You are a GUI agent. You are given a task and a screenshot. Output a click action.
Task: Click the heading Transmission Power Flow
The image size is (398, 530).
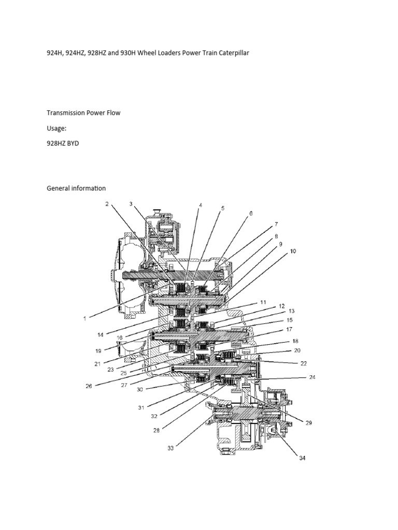click(83, 113)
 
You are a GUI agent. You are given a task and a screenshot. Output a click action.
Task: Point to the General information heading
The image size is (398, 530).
click(76, 188)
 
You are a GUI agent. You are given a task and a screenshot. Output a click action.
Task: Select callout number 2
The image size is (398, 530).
click(107, 204)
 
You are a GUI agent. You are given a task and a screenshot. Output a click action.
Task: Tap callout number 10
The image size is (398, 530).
click(293, 251)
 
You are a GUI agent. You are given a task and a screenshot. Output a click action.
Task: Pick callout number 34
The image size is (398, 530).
click(301, 459)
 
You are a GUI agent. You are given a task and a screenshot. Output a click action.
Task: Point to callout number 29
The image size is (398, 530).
click(308, 423)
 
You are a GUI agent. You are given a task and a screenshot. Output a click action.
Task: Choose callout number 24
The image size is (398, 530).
click(312, 378)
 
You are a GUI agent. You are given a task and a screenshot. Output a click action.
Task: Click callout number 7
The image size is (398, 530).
click(276, 224)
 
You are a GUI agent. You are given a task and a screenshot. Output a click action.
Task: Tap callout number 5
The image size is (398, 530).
click(222, 209)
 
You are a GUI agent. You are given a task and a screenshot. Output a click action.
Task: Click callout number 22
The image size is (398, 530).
click(304, 363)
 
